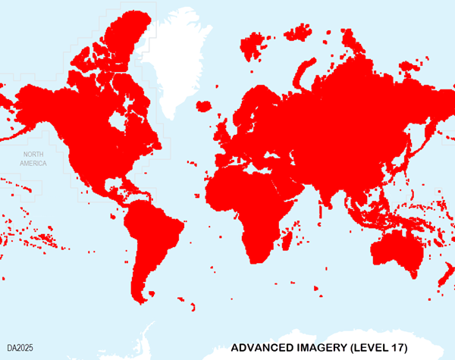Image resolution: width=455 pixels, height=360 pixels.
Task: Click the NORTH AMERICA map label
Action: (33, 158)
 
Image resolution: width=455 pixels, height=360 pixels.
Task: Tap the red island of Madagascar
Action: (288, 241)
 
